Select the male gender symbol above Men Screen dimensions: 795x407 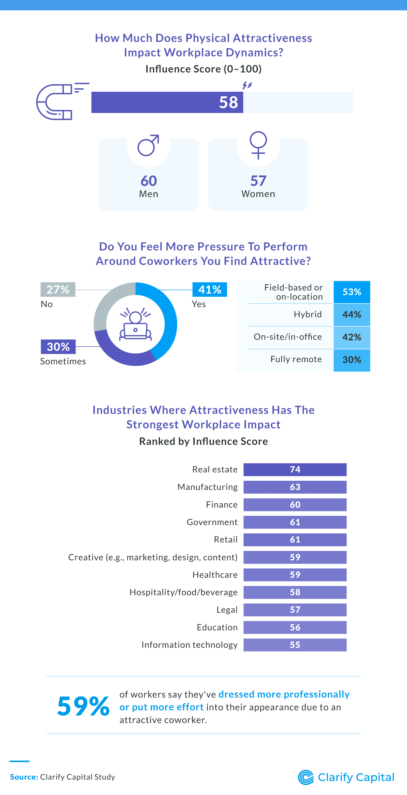point(148,145)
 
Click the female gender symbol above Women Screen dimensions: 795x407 point(258,145)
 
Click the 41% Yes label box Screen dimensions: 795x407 point(210,290)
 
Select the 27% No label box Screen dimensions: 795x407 point(58,290)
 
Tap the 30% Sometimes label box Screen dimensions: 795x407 point(58,347)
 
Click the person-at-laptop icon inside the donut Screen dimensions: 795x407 point(136,324)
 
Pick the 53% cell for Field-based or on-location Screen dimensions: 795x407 point(352,292)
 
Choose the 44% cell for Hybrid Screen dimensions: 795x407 point(352,315)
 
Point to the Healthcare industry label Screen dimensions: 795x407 point(215,575)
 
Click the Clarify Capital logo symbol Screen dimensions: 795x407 point(306,777)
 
